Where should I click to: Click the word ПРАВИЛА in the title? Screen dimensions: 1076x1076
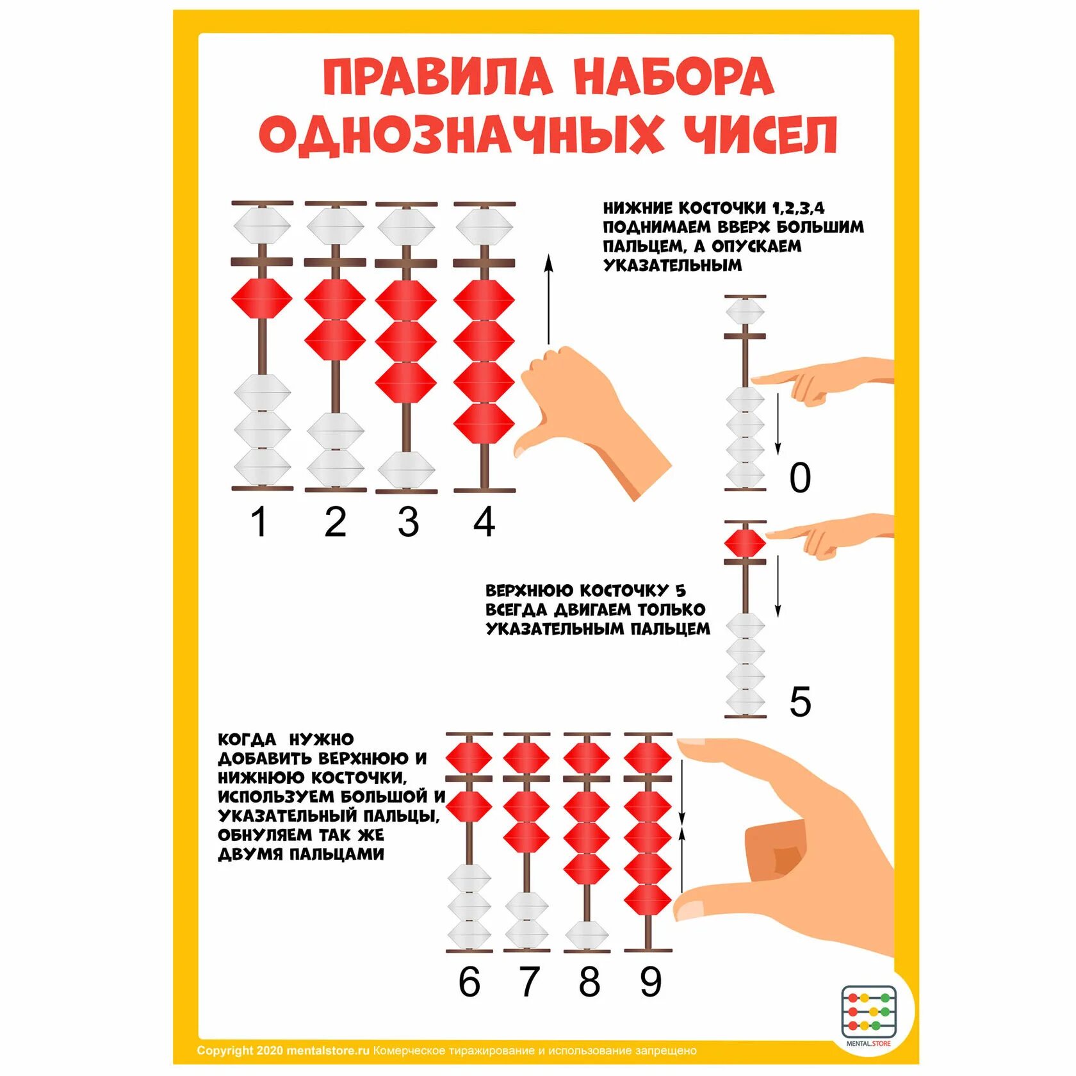click(437, 77)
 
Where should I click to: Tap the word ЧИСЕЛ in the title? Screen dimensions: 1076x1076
click(761, 135)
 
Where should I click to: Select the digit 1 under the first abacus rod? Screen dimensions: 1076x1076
click(259, 522)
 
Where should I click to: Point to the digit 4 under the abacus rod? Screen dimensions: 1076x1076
click(484, 522)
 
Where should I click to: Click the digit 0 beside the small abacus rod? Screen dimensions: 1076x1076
click(800, 478)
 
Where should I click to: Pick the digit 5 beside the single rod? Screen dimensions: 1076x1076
click(800, 701)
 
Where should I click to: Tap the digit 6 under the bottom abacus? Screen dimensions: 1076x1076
click(469, 981)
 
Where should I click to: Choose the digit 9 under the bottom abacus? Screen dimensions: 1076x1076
click(650, 981)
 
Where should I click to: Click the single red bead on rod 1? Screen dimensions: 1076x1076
click(261, 298)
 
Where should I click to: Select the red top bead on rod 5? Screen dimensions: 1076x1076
click(745, 543)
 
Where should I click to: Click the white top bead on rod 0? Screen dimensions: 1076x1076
click(745, 312)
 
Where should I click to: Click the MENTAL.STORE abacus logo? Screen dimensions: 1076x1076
click(868, 1013)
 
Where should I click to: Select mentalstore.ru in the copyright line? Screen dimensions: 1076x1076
click(328, 1050)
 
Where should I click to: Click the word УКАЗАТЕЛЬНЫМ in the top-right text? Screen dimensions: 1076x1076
click(672, 265)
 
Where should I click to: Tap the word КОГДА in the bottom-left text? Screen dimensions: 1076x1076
click(247, 740)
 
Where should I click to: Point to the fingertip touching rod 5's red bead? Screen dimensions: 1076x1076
click(772, 534)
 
